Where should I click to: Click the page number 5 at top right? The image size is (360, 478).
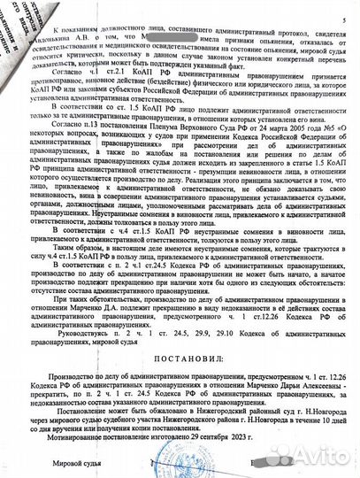tap(344, 19)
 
